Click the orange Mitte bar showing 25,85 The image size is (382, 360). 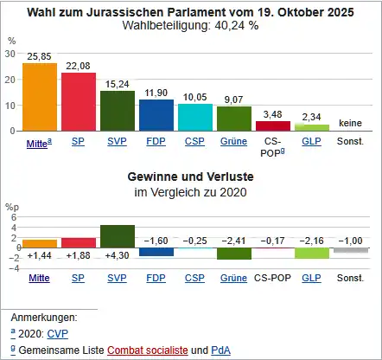click(x=40, y=97)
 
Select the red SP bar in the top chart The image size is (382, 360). click(x=79, y=102)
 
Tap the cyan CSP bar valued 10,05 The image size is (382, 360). click(x=195, y=118)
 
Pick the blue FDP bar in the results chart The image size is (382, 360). click(x=156, y=115)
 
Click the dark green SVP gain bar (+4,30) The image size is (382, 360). click(x=118, y=236)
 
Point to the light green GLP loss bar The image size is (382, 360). click(x=312, y=253)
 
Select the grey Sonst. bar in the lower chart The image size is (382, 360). click(x=351, y=250)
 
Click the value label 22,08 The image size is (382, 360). click(x=78, y=66)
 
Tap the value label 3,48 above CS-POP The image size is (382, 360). click(x=272, y=114)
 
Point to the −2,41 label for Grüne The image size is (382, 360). click(x=233, y=241)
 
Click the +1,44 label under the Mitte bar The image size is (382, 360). click(x=39, y=255)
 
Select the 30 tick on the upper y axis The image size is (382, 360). click(x=10, y=54)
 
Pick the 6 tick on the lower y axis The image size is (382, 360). click(x=14, y=217)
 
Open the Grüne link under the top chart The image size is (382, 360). click(x=233, y=141)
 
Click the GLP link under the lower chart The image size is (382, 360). click(x=311, y=278)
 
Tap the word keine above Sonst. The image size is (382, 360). click(x=350, y=123)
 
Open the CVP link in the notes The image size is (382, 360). click(x=58, y=334)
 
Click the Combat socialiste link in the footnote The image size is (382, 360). click(x=148, y=350)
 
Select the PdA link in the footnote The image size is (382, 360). click(x=220, y=350)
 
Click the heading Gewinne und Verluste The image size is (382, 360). click(x=190, y=177)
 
